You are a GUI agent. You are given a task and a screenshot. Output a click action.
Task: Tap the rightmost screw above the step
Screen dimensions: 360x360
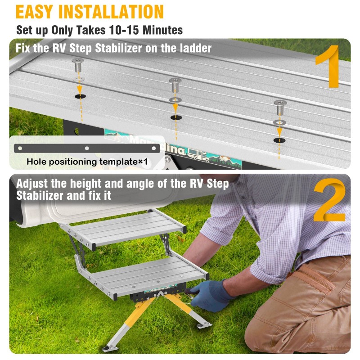point(279,107)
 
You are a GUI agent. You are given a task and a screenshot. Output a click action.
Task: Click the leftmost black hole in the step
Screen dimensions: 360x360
point(79,96)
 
